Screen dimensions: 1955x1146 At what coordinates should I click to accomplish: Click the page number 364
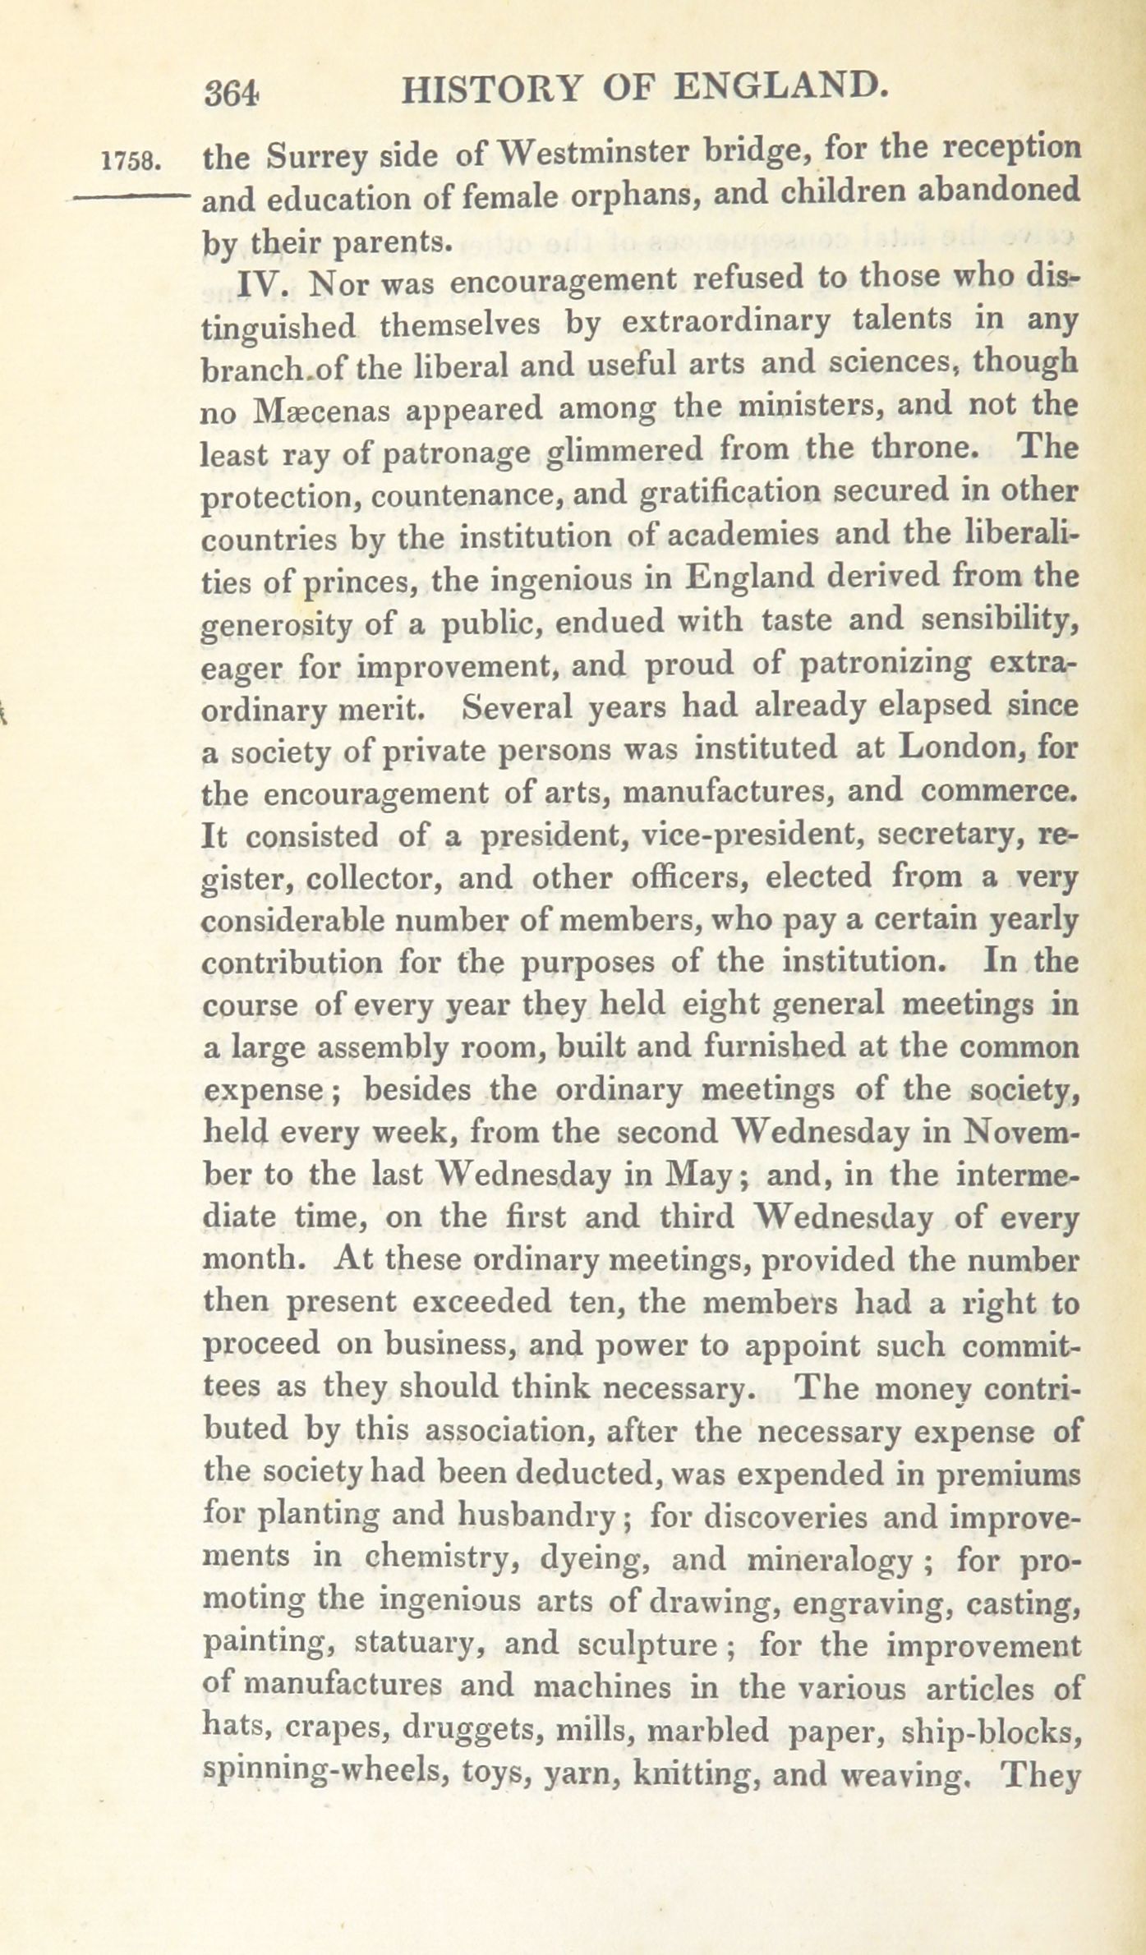coord(233,93)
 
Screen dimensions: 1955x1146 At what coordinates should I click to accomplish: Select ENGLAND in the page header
coord(780,86)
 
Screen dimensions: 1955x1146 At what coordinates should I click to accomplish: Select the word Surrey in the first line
coord(316,158)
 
